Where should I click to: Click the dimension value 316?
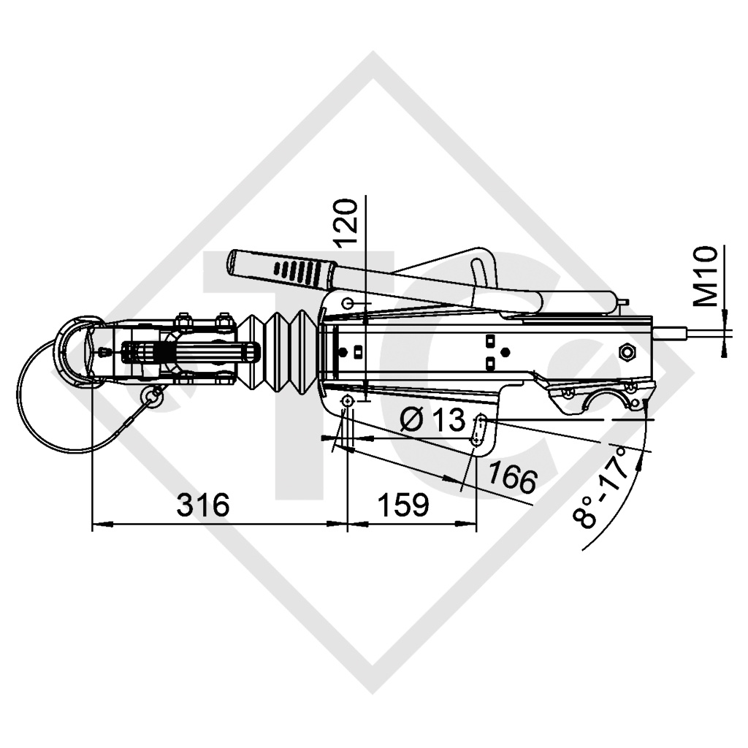point(202,505)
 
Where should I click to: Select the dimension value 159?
point(402,505)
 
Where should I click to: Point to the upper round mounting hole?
point(348,303)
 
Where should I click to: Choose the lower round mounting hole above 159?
point(347,402)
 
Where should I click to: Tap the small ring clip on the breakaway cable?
point(153,395)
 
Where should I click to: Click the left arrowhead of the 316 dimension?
point(99,524)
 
